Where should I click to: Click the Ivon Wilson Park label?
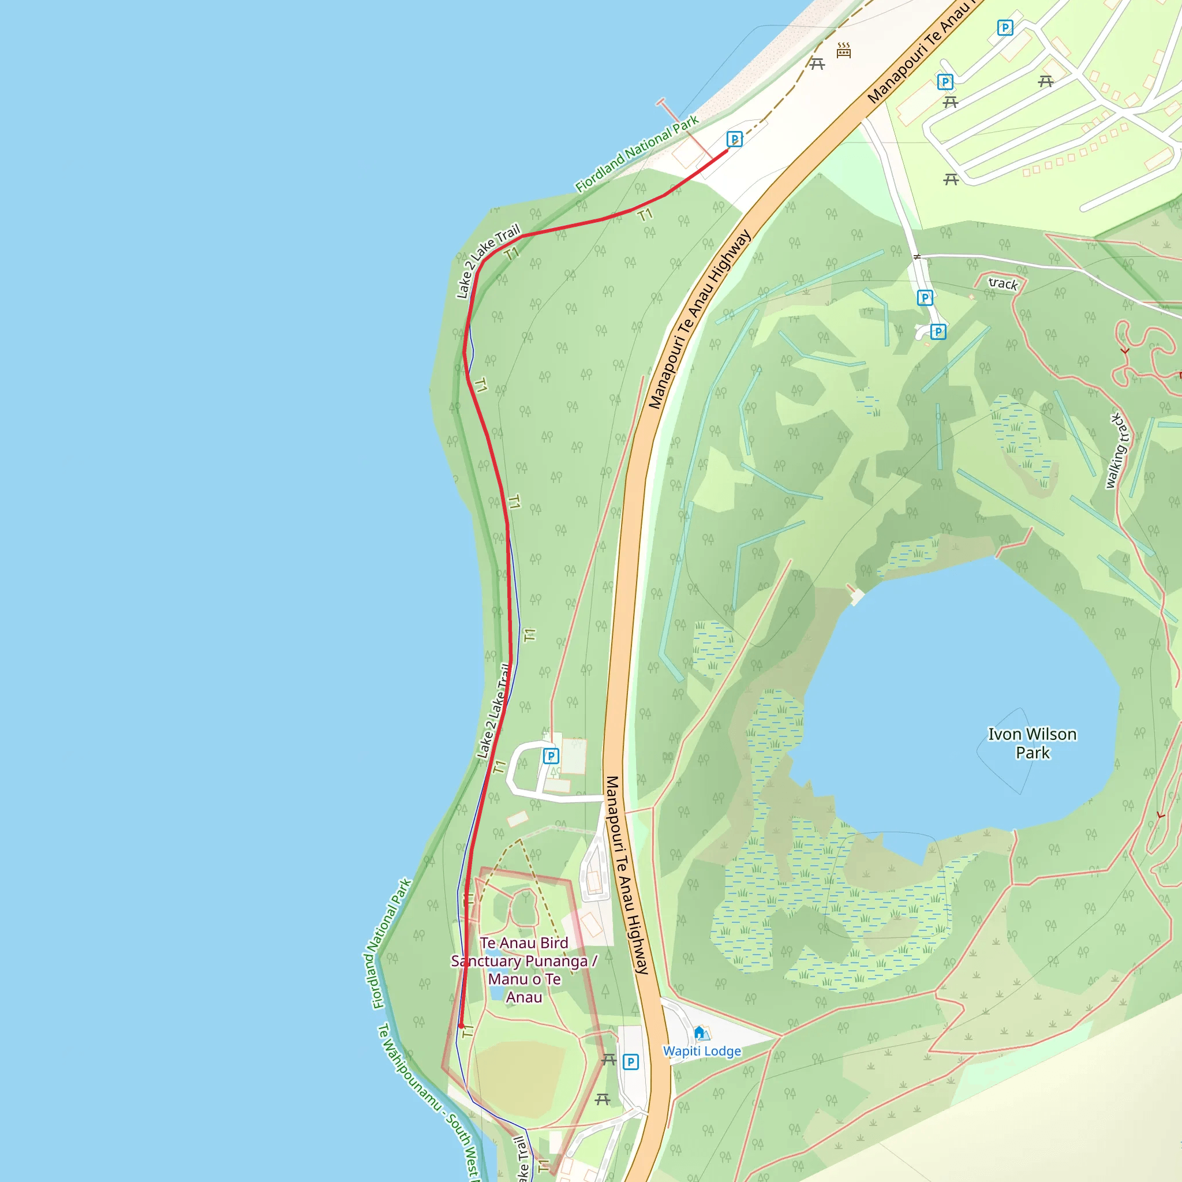click(x=1032, y=743)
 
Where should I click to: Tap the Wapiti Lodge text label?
click(x=702, y=1051)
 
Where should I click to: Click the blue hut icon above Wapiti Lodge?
click(x=700, y=1033)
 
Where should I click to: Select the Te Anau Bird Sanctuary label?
click(x=523, y=970)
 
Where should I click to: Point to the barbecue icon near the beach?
click(x=844, y=50)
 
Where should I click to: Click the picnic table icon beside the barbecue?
click(x=817, y=63)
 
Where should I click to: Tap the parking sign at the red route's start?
click(x=734, y=139)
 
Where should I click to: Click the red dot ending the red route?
click(x=462, y=1026)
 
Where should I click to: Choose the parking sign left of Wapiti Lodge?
click(x=631, y=1061)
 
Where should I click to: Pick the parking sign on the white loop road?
click(x=551, y=756)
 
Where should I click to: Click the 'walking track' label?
click(x=1118, y=451)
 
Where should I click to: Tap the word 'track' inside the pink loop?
click(x=1003, y=283)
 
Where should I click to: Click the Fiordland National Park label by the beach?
click(x=636, y=154)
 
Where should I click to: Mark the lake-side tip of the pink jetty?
click(x=661, y=101)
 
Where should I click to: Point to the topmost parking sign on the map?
click(x=1005, y=28)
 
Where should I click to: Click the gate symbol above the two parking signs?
click(x=917, y=257)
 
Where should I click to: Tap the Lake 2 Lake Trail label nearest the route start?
click(x=488, y=261)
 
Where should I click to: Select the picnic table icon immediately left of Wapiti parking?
click(x=608, y=1059)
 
